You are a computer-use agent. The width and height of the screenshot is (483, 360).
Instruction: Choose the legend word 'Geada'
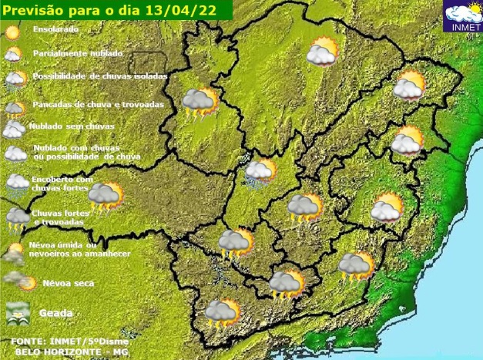57,313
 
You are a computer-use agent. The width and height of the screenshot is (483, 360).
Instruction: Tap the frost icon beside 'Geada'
17,312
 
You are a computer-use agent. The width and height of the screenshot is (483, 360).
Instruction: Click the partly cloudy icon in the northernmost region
322,52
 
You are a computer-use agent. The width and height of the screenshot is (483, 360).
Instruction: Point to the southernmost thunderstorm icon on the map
223,312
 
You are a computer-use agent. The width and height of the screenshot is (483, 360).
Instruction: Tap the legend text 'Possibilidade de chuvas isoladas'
99,76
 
